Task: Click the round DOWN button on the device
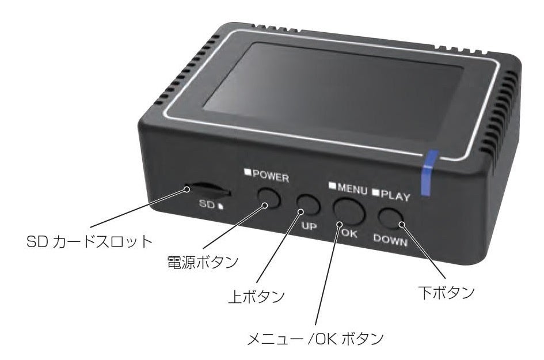click(x=391, y=218)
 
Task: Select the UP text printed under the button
click(x=309, y=226)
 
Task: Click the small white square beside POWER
click(x=246, y=171)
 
